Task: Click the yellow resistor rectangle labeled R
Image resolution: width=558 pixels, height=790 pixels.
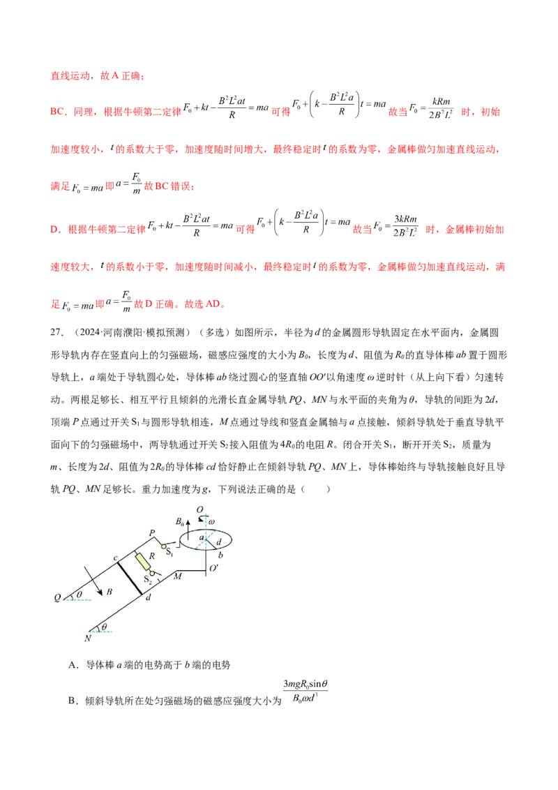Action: point(142,560)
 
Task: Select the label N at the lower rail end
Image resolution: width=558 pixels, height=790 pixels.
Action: point(89,638)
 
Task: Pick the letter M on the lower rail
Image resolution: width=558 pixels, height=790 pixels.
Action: point(177,576)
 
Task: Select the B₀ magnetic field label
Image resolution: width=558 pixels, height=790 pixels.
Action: point(179,521)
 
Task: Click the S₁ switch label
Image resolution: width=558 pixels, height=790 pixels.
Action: point(169,552)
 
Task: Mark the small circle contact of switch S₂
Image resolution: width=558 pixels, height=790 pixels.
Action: point(151,572)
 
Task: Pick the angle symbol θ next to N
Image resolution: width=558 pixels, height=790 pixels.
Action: point(104,627)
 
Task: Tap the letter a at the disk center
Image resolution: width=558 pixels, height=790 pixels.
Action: point(202,537)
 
